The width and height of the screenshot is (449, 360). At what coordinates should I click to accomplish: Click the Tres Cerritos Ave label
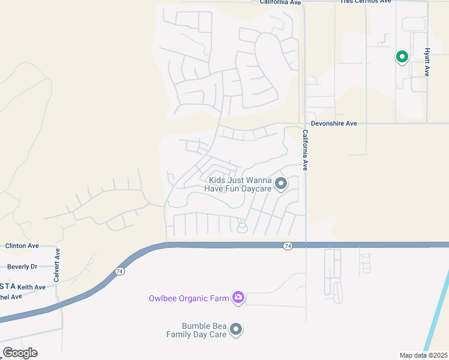[366, 2]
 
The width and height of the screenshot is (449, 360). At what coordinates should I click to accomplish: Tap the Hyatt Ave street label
[427, 62]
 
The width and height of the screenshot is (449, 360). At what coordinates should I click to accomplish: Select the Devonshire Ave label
[334, 124]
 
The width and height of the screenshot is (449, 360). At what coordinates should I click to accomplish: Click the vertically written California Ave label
[305, 151]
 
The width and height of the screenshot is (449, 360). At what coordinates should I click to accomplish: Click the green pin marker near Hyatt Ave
[402, 57]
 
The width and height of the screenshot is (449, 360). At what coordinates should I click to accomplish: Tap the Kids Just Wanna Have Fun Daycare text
[238, 184]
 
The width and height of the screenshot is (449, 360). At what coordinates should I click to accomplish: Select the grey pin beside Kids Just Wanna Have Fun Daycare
[280, 184]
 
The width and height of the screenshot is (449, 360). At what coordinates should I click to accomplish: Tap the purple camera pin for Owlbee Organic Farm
[238, 297]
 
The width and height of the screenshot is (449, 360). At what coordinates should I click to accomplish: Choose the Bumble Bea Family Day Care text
[196, 330]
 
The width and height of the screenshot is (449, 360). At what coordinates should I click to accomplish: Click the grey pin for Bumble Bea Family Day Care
[237, 329]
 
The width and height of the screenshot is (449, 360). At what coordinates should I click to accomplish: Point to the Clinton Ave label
[22, 246]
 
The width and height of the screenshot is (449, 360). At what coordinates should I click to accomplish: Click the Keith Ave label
[31, 287]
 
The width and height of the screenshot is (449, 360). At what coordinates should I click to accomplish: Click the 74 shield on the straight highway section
[288, 245]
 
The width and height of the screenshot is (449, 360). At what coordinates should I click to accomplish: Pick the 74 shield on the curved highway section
[120, 271]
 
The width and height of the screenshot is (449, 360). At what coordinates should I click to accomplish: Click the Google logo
[20, 353]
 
